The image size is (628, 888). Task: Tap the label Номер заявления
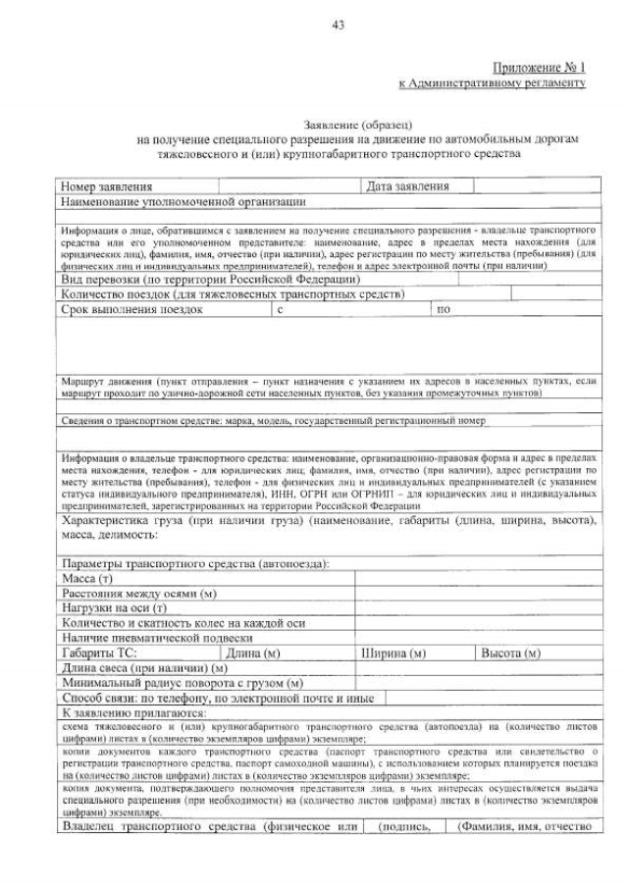click(107, 186)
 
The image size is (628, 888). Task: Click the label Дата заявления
click(407, 186)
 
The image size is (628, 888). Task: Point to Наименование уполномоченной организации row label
click(183, 201)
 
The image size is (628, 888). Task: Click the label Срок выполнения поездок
click(131, 309)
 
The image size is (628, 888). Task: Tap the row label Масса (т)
click(87, 580)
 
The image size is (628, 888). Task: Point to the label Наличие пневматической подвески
click(157, 638)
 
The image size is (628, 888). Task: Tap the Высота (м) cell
click(509, 653)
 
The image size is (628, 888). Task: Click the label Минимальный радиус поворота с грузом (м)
click(182, 682)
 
